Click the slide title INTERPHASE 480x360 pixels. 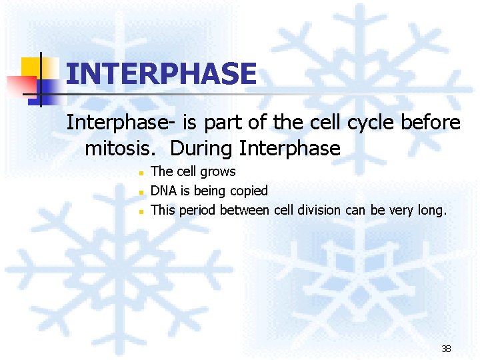(x=161, y=73)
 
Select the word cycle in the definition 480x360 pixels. (x=375, y=123)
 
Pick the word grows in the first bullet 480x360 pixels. (x=217, y=172)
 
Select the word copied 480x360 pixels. (x=249, y=191)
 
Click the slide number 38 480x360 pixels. (x=446, y=349)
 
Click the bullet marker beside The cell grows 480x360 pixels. (x=141, y=173)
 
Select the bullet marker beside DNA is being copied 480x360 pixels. (x=141, y=192)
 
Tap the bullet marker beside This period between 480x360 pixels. (x=141, y=211)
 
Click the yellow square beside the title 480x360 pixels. (x=31, y=67)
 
